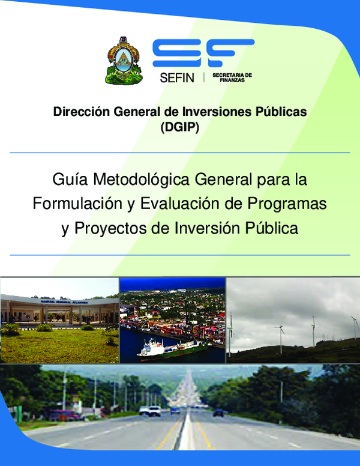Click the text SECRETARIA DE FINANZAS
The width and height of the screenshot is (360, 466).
(232, 77)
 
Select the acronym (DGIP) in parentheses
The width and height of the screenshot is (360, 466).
(179, 127)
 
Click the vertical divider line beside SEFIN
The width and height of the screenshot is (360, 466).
(204, 77)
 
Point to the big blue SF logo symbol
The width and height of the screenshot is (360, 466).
(203, 53)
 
